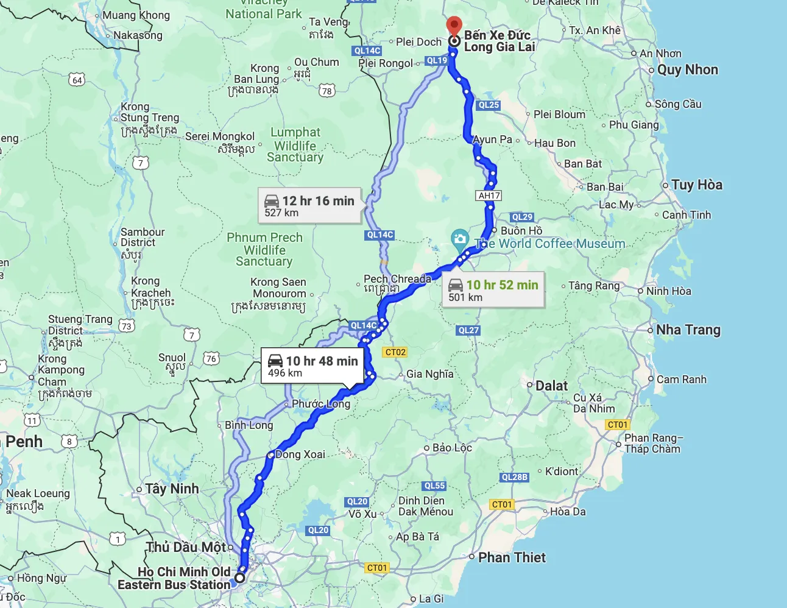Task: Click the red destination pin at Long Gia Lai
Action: click(x=454, y=26)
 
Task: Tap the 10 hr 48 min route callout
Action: click(x=312, y=366)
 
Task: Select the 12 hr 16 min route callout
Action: click(x=309, y=206)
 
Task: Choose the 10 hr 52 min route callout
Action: click(x=493, y=290)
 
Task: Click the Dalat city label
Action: click(x=551, y=386)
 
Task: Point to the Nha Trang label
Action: click(x=688, y=330)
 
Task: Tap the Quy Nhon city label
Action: click(x=687, y=69)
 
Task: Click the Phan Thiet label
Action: click(x=512, y=557)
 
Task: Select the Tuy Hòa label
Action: click(x=696, y=185)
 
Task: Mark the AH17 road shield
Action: click(x=489, y=196)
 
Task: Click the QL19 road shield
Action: click(x=437, y=60)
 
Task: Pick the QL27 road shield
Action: click(x=468, y=330)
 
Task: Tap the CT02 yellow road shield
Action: click(x=395, y=352)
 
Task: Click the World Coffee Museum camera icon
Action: click(x=459, y=239)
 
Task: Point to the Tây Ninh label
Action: click(x=172, y=489)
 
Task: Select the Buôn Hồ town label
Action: click(x=521, y=231)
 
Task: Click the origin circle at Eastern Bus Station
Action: click(x=240, y=578)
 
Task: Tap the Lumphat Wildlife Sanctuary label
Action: click(x=295, y=145)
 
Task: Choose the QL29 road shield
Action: click(x=522, y=217)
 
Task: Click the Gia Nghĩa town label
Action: click(x=429, y=374)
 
